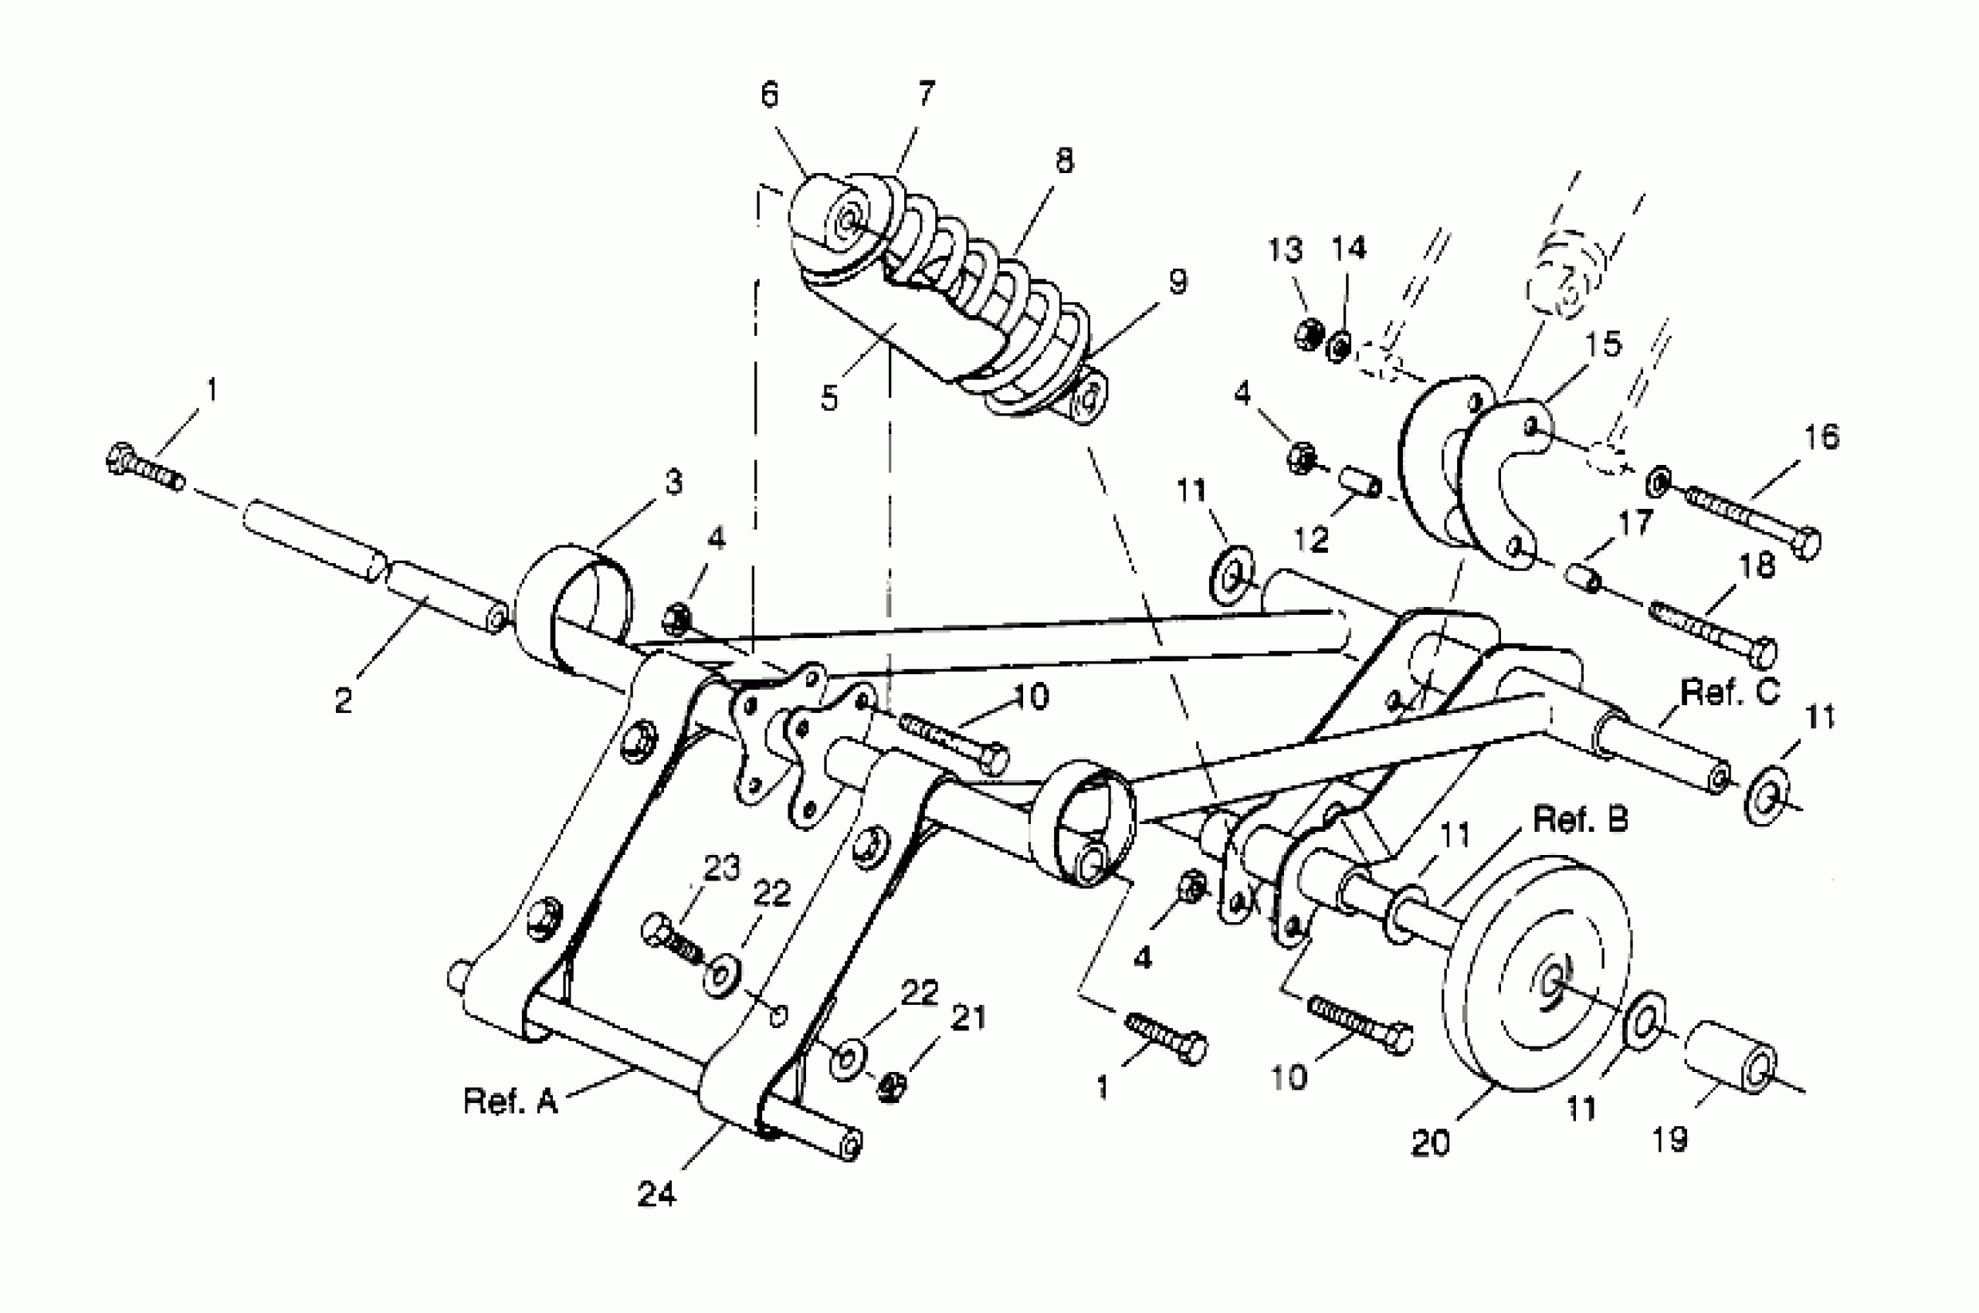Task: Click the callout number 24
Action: [x=656, y=1194]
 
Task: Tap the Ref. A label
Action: [x=510, y=1101]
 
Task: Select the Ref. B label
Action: [x=1581, y=819]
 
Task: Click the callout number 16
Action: [x=1821, y=437]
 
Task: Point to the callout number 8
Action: [x=1064, y=160]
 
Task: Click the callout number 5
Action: [x=829, y=399]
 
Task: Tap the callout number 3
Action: [x=674, y=482]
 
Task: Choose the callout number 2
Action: [x=344, y=701]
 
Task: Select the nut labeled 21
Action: [x=893, y=1087]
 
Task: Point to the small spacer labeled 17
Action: [x=1581, y=578]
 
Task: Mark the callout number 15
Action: [x=1602, y=344]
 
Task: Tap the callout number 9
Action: [x=1178, y=282]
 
